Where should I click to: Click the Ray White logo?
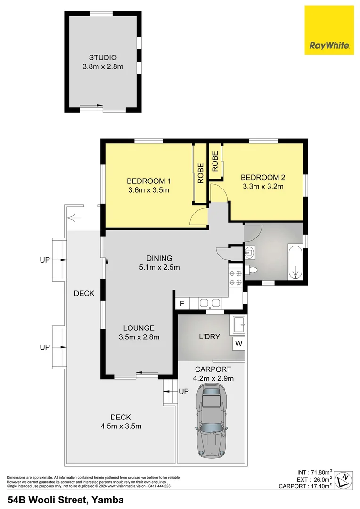coord(329,30)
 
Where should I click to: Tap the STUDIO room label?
coord(103,57)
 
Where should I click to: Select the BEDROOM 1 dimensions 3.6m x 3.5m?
coord(148,190)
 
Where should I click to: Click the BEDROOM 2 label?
coord(263,177)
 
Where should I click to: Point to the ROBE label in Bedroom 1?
coord(200,173)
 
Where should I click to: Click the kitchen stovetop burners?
coord(235,278)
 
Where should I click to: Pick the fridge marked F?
coord(181,303)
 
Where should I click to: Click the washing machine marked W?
coord(239,344)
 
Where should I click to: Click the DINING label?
coord(159,258)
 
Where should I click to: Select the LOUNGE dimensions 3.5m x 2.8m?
coord(139,337)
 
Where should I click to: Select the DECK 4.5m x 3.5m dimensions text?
coord(121,426)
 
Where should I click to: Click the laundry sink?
coord(239,323)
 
